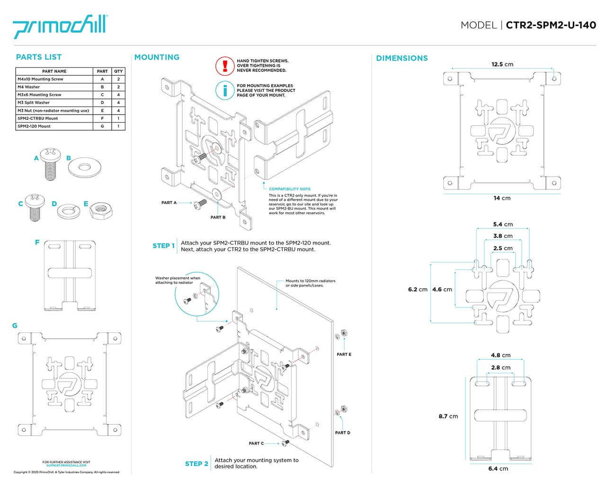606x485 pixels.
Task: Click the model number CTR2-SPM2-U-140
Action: pyautogui.click(x=551, y=25)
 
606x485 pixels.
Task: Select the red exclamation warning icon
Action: pyautogui.click(x=225, y=66)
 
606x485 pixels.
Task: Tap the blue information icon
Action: pyautogui.click(x=225, y=90)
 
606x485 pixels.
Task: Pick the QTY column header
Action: pyautogui.click(x=118, y=72)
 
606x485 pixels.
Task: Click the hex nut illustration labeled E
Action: pyautogui.click(x=101, y=209)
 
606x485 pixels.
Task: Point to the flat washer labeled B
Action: pyautogui.click(x=85, y=167)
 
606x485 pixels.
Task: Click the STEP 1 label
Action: pyautogui.click(x=163, y=246)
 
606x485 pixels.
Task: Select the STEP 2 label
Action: pyautogui.click(x=196, y=464)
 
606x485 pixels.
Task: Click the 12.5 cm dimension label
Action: pyautogui.click(x=502, y=64)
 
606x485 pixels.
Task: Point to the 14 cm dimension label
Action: pyautogui.click(x=502, y=198)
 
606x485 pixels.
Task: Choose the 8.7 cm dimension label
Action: pyautogui.click(x=448, y=416)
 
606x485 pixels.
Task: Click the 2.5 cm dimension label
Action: pyautogui.click(x=503, y=248)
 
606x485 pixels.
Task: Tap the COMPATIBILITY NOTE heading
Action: pyautogui.click(x=290, y=189)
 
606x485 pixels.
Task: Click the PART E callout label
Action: pyautogui.click(x=344, y=354)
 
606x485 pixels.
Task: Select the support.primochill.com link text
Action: pyautogui.click(x=66, y=466)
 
